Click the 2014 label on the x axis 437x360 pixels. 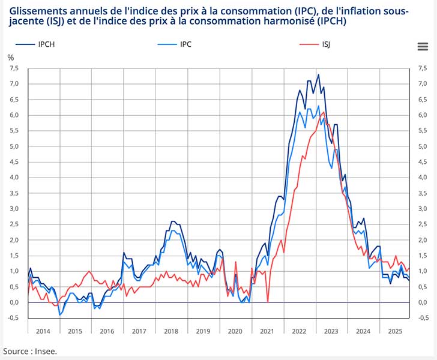coord(43,331)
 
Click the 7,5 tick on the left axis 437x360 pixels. coord(14,68)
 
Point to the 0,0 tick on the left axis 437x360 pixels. coord(14,302)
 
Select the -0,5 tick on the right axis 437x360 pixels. coord(423,318)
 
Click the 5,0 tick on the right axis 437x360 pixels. coord(423,146)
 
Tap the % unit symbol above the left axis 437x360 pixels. coord(10,58)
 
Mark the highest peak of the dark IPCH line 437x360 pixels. coord(318,74)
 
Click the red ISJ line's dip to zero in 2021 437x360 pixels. coord(267,302)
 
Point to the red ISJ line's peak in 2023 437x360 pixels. coord(324,112)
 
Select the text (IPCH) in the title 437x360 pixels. coord(330,22)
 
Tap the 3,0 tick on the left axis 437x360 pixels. coord(14,209)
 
